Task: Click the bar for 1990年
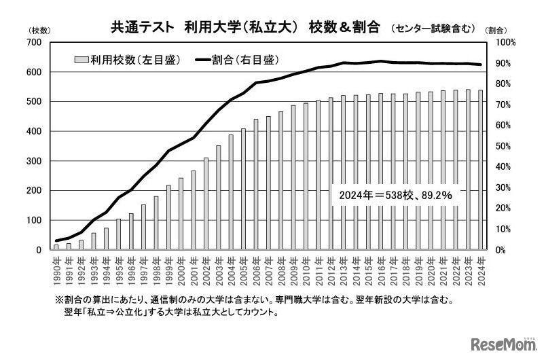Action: (x=56, y=247)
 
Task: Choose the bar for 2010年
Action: (x=306, y=177)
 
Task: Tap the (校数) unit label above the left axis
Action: (x=37, y=31)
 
